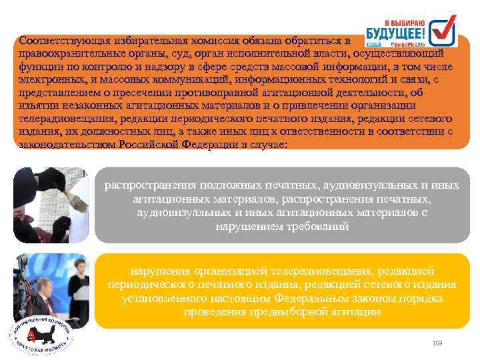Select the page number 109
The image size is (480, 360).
point(437,343)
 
